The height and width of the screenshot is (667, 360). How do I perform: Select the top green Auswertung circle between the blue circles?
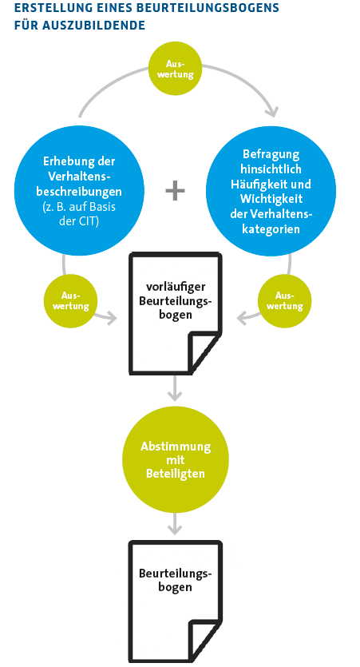175,69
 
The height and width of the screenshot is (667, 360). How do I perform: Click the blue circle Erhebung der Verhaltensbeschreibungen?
79,191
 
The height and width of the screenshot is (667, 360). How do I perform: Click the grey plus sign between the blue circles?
175,191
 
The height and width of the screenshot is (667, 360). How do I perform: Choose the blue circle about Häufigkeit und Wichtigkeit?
271,191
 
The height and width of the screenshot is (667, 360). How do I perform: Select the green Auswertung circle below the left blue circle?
70,301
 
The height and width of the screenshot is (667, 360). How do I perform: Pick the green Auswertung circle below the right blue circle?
284,301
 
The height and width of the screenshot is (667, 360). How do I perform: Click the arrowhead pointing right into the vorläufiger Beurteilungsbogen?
112,318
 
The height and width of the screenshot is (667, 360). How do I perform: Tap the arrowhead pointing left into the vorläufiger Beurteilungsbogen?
243,318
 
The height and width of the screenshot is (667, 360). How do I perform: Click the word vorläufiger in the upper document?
175,288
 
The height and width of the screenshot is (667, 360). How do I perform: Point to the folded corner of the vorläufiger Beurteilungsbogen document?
204,352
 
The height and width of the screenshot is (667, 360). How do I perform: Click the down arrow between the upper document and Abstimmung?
175,388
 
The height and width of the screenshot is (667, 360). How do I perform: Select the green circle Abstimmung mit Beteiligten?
176,460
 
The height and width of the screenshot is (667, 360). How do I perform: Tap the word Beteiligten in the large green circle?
176,474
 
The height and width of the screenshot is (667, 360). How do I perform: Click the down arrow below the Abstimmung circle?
175,524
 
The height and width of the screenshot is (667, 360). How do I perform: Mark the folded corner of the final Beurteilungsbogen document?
204,641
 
